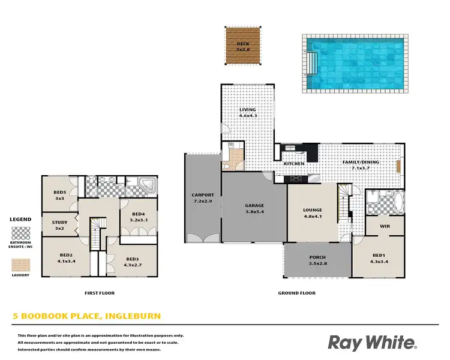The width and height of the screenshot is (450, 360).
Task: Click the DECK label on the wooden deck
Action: click(x=242, y=43)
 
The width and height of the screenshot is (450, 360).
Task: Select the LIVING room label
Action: click(x=247, y=110)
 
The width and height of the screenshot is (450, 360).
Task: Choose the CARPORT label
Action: click(x=202, y=195)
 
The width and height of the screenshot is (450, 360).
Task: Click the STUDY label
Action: click(x=59, y=223)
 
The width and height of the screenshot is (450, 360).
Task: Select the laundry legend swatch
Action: click(x=22, y=264)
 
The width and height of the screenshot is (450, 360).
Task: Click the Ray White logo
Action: click(x=372, y=343)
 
